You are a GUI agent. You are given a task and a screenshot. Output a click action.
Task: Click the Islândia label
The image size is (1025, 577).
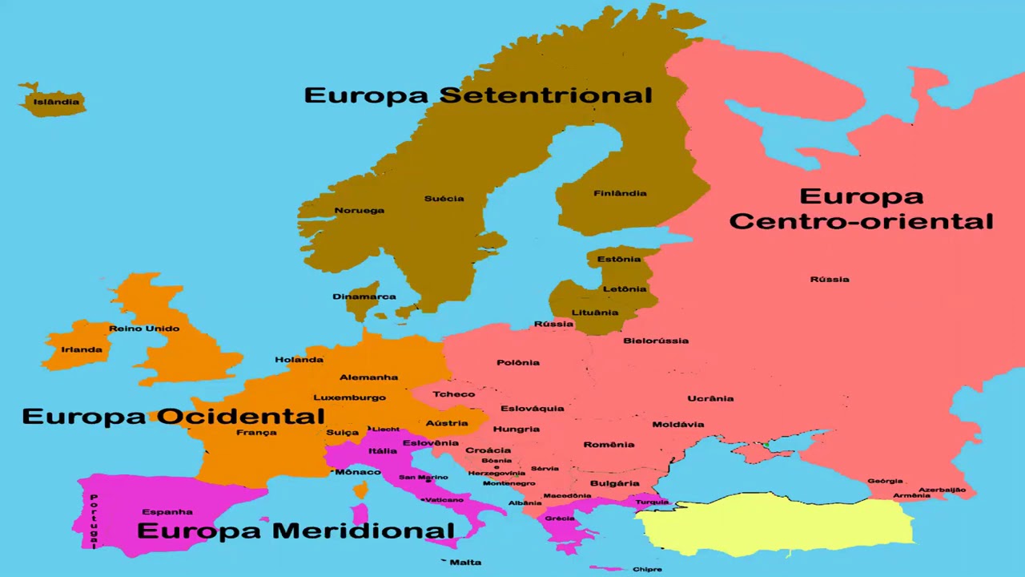[x=56, y=102]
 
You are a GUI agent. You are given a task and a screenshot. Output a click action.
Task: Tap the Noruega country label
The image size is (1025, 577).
[x=359, y=211]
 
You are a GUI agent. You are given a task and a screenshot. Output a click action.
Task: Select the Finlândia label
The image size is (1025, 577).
[x=620, y=193]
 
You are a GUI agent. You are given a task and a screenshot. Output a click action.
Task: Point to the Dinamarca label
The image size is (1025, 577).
[x=364, y=297]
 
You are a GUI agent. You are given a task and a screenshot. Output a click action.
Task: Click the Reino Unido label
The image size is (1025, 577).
[x=144, y=329]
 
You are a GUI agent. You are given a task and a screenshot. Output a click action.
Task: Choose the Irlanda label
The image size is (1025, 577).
[x=82, y=349]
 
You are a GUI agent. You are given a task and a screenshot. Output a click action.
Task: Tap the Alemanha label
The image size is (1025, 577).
[x=368, y=377]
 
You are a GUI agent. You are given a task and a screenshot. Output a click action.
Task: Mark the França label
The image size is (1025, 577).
[x=256, y=433]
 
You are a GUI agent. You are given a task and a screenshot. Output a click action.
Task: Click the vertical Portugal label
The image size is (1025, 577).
[x=94, y=520]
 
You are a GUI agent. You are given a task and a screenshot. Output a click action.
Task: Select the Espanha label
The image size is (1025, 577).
[x=167, y=512]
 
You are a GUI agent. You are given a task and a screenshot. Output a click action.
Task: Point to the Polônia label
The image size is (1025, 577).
[x=518, y=363]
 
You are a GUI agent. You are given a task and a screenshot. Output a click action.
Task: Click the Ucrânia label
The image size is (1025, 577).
[x=710, y=398]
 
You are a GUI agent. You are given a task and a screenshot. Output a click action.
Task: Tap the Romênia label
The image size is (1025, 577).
[x=609, y=445]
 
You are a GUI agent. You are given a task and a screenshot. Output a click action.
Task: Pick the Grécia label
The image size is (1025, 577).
[x=560, y=518]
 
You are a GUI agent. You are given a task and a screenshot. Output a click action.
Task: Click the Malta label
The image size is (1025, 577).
[x=465, y=563]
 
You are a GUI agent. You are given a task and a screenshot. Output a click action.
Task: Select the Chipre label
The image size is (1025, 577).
[x=647, y=570]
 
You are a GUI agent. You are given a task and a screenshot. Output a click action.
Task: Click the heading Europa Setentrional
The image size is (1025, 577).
[x=478, y=95]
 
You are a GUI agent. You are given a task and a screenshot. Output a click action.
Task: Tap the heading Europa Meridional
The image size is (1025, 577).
[x=295, y=531]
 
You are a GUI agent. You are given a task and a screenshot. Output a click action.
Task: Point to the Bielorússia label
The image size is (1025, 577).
[x=656, y=341]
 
